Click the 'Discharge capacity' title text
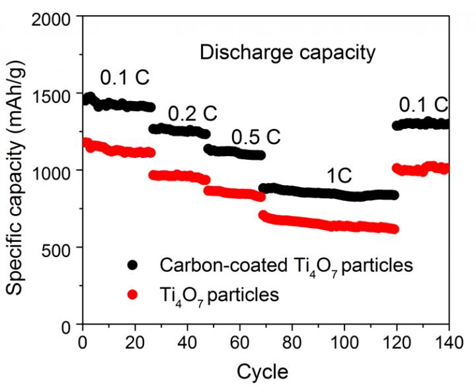tap(288, 52)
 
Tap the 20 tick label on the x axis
tap(135, 343)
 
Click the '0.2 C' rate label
tap(192, 114)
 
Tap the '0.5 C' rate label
tap(256, 137)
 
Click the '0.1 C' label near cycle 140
tap(424, 105)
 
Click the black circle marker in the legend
tap(134, 265)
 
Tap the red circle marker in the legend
tap(134, 295)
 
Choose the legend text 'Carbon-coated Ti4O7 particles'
tap(286, 266)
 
